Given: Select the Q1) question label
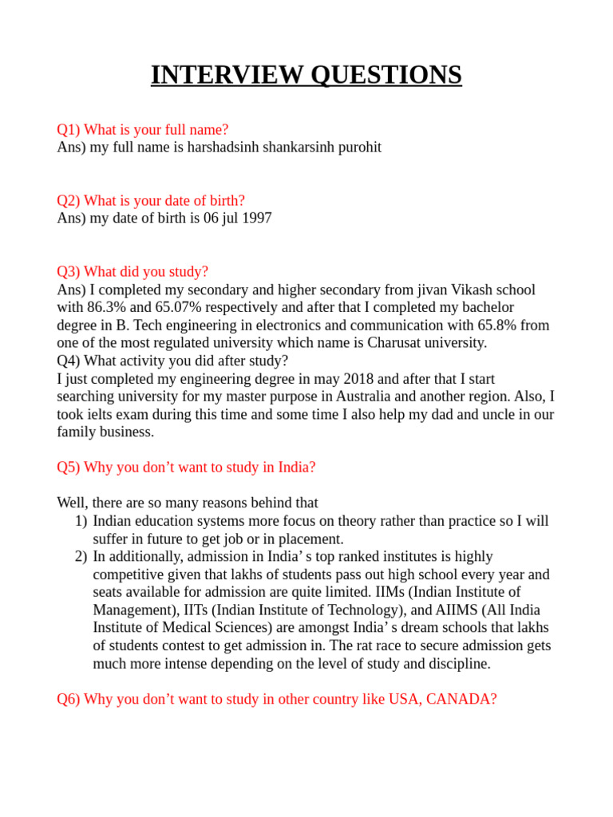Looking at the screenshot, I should pos(68,129).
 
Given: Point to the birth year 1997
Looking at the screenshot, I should pos(255,218).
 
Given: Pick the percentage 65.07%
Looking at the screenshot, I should pos(163,307).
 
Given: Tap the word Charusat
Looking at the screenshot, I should pos(396,343).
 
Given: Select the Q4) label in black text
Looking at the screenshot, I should pos(68,361).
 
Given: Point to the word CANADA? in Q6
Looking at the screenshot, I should pos(461,699).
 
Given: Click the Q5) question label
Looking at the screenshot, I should pos(68,468).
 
